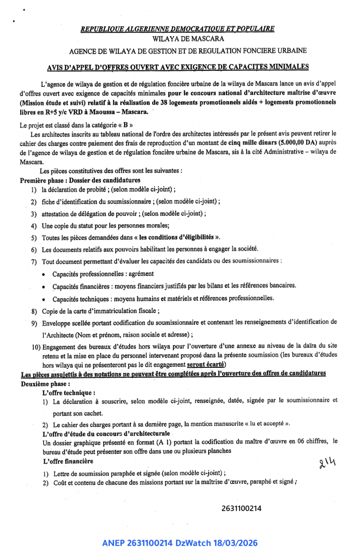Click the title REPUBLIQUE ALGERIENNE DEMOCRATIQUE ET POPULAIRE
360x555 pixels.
pyautogui.click(x=177, y=29)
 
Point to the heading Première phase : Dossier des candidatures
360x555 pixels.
pyautogui.click(x=80, y=180)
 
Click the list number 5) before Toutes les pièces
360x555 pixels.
pyautogui.click(x=34, y=237)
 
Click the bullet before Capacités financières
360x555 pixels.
pyautogui.click(x=44, y=286)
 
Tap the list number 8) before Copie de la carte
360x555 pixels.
pyautogui.click(x=34, y=311)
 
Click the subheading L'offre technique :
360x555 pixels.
pyautogui.click(x=69, y=392)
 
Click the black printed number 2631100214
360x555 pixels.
pyautogui.click(x=241, y=509)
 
